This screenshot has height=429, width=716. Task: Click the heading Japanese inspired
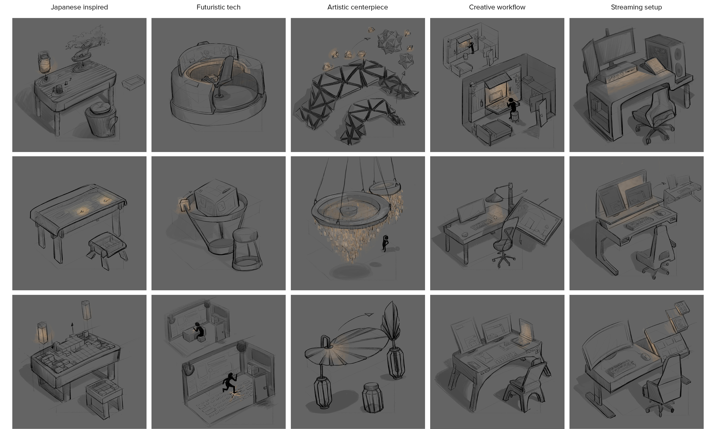tap(79, 7)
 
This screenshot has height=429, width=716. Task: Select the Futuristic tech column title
tap(219, 7)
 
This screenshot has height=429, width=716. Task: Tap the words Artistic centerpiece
tap(358, 7)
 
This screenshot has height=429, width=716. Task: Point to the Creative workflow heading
tap(497, 7)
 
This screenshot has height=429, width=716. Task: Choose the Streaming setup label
tap(636, 7)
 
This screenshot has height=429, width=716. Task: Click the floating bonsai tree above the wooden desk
tap(84, 46)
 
